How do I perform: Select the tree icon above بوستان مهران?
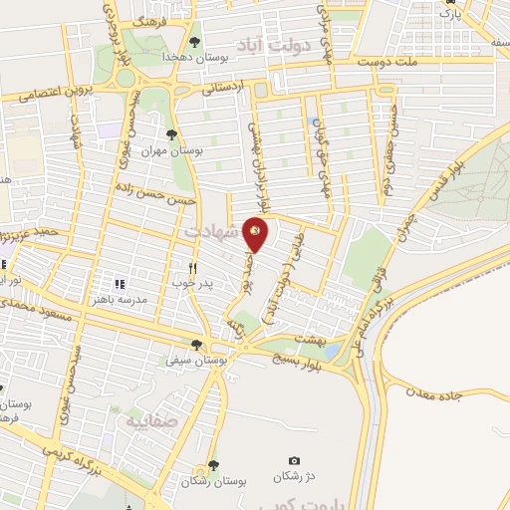point(172,133)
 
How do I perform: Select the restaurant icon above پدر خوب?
point(194,268)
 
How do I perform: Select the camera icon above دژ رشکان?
point(293,459)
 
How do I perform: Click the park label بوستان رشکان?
point(208,481)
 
